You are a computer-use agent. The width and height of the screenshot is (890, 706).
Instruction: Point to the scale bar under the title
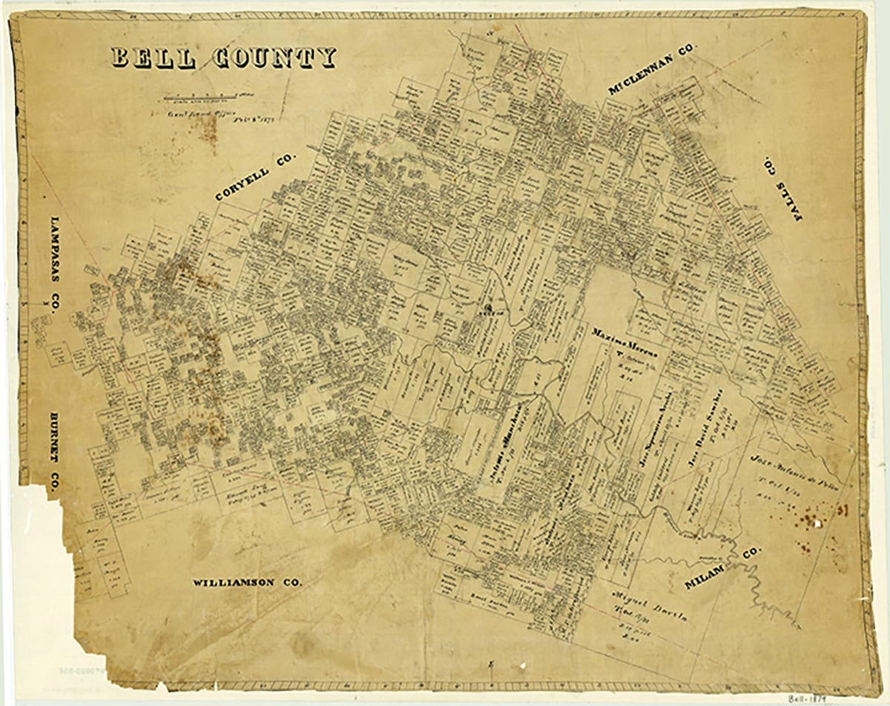[x=200, y=96]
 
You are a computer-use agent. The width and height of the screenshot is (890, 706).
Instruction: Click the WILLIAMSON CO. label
[x=247, y=583]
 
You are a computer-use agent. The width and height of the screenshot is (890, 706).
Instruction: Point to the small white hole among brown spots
[x=816, y=523]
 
